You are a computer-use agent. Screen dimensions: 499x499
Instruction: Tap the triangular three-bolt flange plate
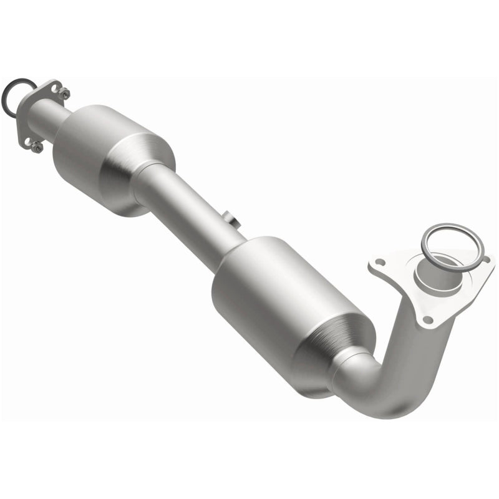point(399,274)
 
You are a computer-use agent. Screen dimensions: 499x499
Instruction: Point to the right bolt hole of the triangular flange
point(484,257)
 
